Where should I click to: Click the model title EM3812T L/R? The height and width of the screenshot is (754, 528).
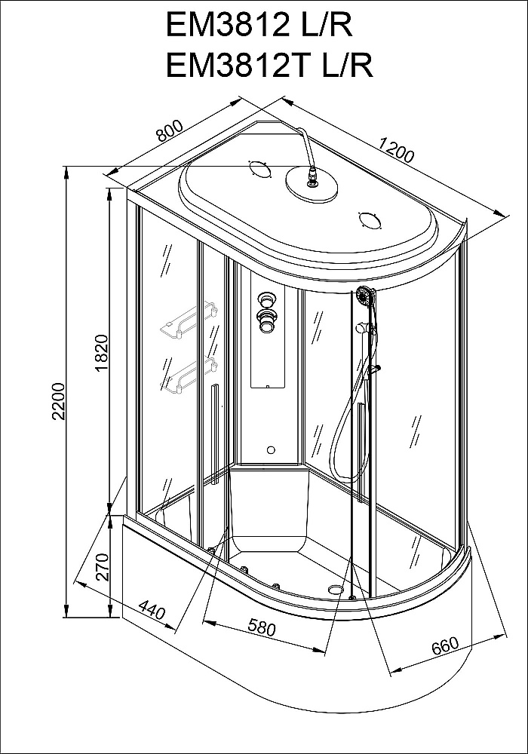click(270, 65)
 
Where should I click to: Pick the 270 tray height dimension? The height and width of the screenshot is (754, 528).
click(104, 567)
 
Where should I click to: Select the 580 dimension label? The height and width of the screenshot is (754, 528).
click(261, 627)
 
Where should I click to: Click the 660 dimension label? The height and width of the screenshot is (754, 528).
click(446, 646)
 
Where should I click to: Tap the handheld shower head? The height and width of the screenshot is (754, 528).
click(366, 296)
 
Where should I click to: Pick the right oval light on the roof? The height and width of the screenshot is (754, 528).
click(370, 220)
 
